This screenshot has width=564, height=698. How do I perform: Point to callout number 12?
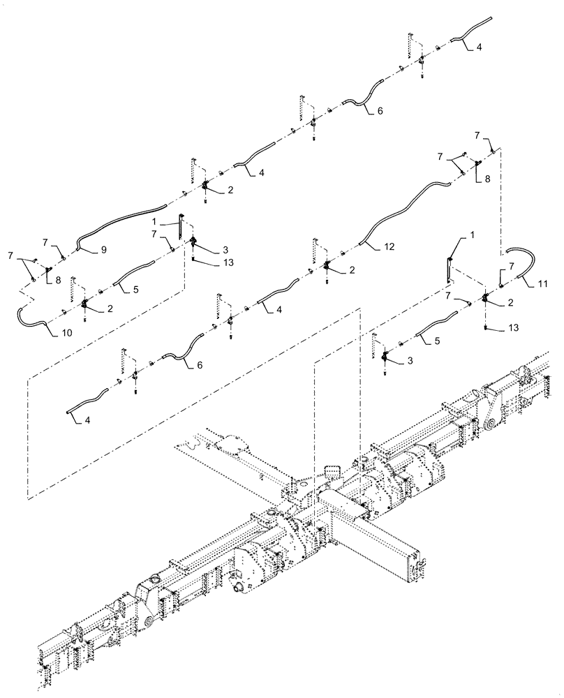389,247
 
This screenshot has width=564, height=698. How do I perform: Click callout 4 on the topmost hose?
478,47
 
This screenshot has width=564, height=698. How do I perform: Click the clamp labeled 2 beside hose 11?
486,300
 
